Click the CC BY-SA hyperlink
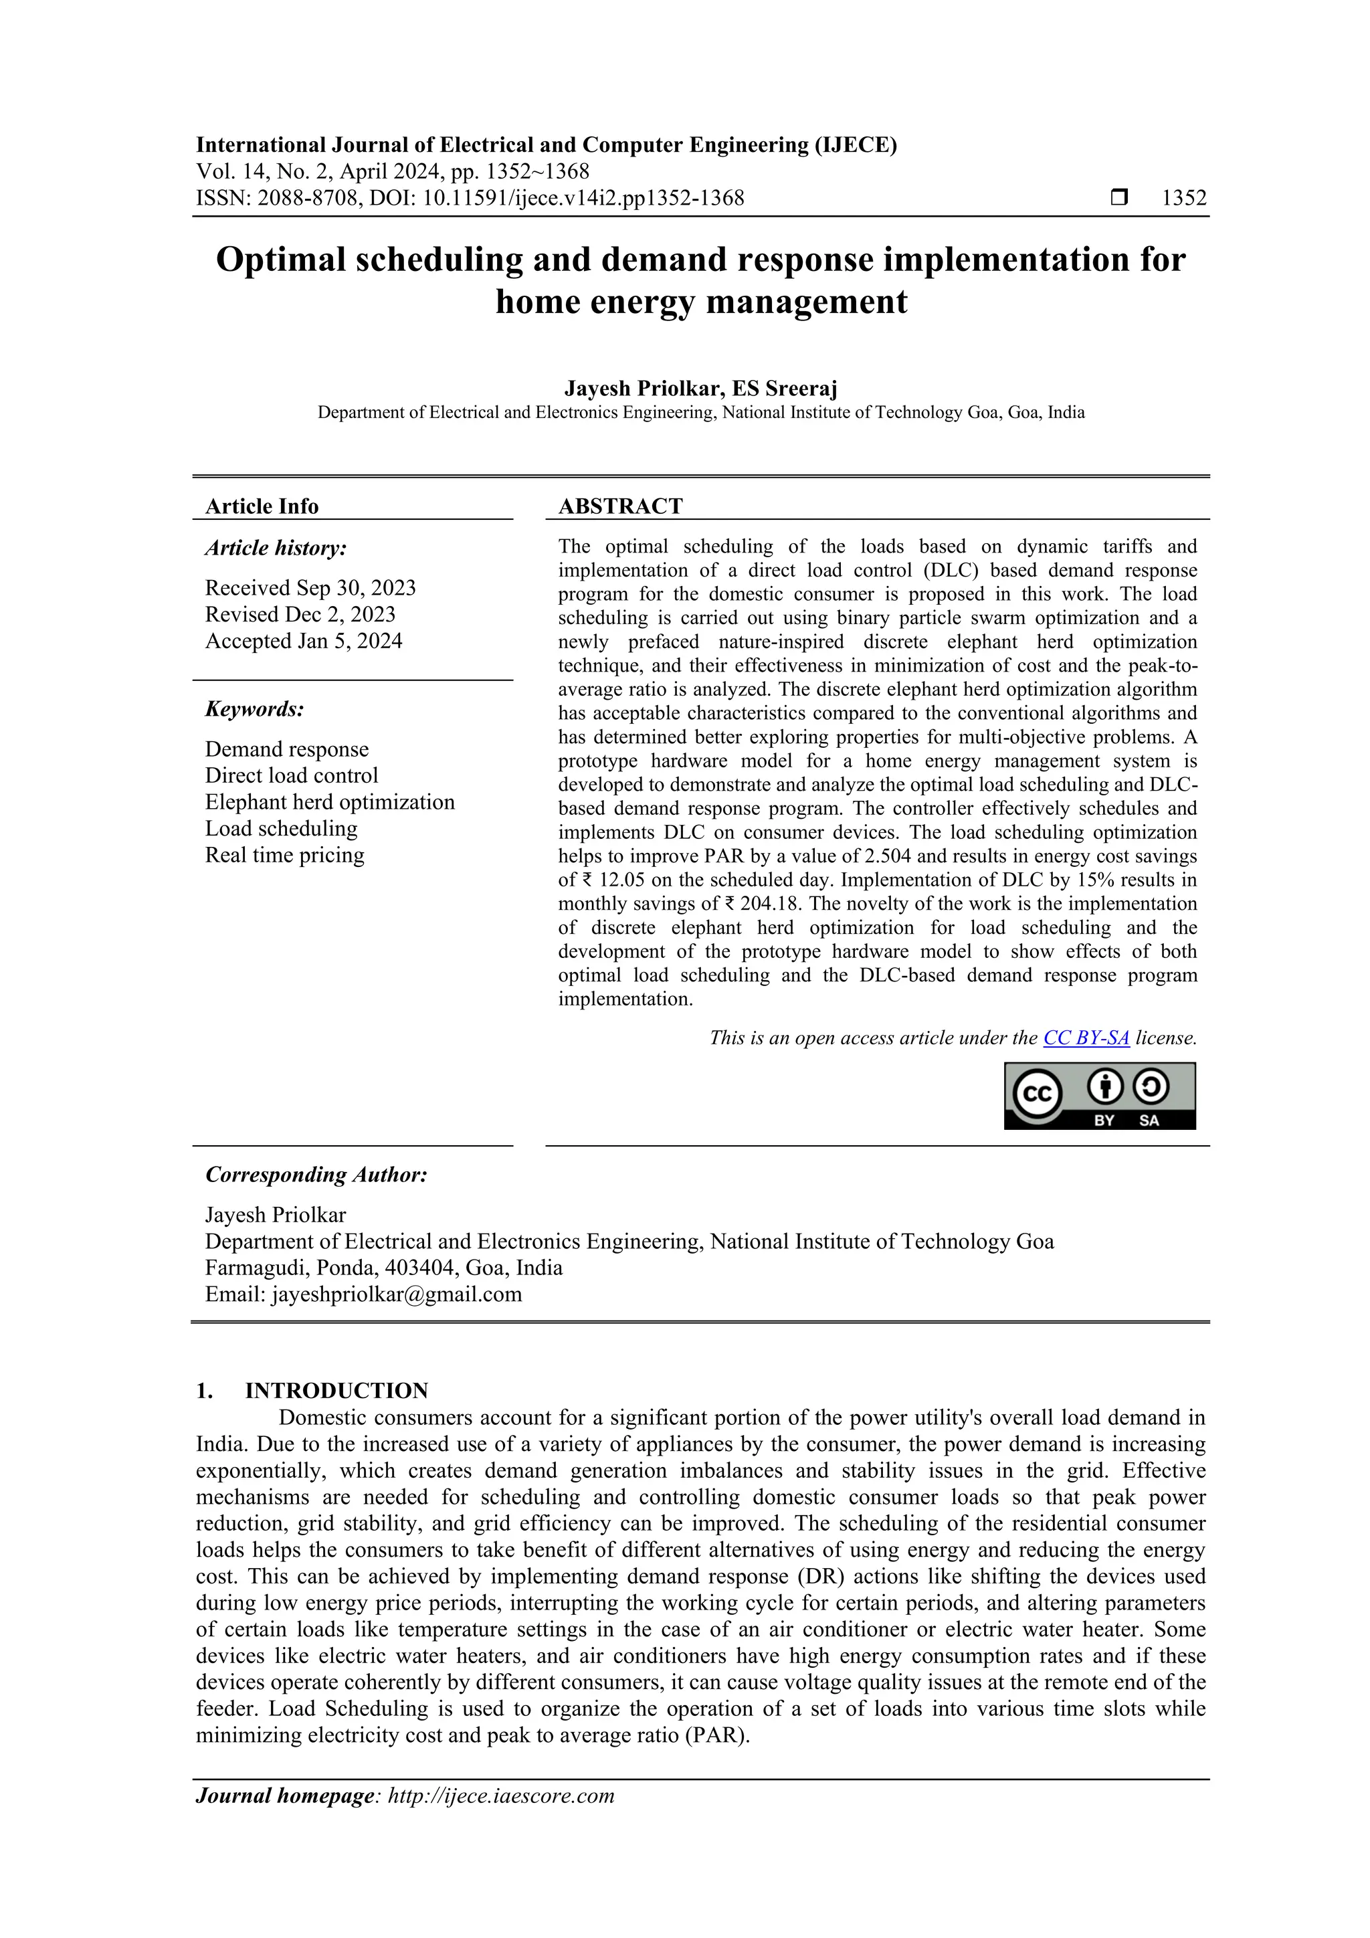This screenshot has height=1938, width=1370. (1086, 1038)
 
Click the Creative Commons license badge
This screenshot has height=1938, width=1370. (1099, 1096)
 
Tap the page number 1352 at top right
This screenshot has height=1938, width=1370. (1183, 199)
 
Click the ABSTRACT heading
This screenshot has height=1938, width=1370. (619, 506)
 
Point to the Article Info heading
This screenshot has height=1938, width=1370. (262, 506)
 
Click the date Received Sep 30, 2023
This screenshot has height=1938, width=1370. (310, 587)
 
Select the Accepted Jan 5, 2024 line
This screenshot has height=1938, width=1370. (303, 641)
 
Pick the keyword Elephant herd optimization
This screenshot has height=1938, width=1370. (329, 802)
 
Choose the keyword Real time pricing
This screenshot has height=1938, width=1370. (284, 855)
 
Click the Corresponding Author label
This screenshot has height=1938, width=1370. (316, 1175)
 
